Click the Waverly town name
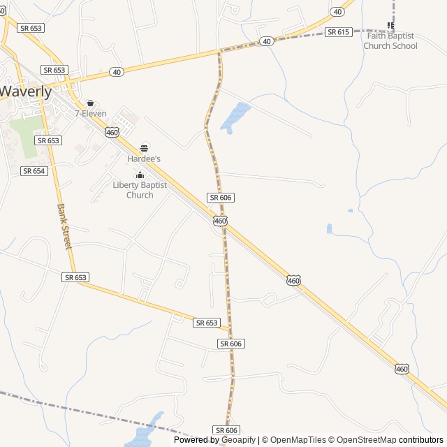(x=25, y=91)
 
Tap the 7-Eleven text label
(x=91, y=113)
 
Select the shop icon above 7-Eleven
(x=90, y=103)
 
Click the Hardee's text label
(x=144, y=159)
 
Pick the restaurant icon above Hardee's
(x=144, y=147)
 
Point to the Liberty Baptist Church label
(x=140, y=190)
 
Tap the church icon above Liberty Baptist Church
(x=140, y=175)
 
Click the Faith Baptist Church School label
(x=390, y=41)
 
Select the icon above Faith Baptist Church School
(x=390, y=26)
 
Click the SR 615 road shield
(x=338, y=32)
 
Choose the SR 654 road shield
(x=34, y=171)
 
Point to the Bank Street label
(x=64, y=227)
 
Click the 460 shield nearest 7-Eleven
(x=112, y=132)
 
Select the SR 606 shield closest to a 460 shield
(x=220, y=198)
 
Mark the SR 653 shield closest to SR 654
(x=49, y=140)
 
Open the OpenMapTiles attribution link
(x=298, y=440)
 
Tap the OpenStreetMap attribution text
(x=365, y=440)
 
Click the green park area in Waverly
(x=25, y=136)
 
